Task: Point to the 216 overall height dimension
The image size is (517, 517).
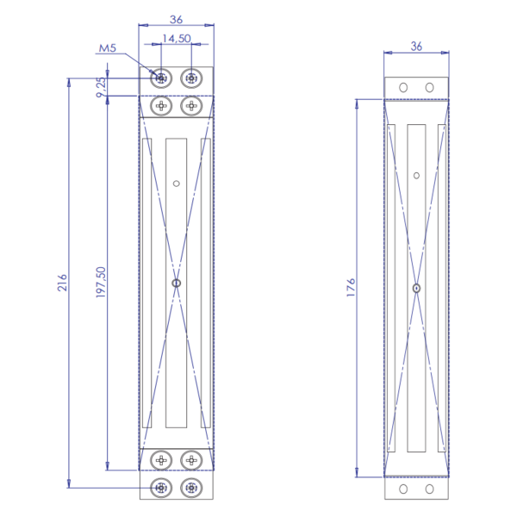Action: pyautogui.click(x=62, y=283)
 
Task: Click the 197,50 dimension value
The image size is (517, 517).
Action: pyautogui.click(x=101, y=283)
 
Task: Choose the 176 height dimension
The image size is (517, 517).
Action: pyautogui.click(x=350, y=288)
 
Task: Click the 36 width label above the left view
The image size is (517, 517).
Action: pyautogui.click(x=176, y=19)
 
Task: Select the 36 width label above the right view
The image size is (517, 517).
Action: pyautogui.click(x=416, y=46)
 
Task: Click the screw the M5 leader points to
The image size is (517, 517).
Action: pyautogui.click(x=161, y=78)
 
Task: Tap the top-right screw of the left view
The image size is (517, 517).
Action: pyautogui.click(x=191, y=78)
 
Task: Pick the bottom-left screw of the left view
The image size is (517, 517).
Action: pyautogui.click(x=161, y=488)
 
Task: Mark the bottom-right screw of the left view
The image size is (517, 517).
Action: pyautogui.click(x=191, y=488)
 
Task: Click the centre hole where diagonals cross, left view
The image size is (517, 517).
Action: pyautogui.click(x=176, y=283)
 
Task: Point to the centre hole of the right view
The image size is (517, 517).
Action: pyautogui.click(x=416, y=288)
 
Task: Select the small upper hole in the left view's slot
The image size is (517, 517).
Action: pyautogui.click(x=176, y=183)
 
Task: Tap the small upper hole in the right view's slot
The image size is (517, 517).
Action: pyautogui.click(x=416, y=176)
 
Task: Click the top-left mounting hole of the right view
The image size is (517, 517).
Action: pyautogui.click(x=402, y=87)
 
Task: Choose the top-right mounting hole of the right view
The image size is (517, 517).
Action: pyautogui.click(x=430, y=87)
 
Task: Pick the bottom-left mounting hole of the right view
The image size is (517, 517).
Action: pyautogui.click(x=402, y=489)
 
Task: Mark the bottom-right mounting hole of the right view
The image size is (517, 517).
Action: pyautogui.click(x=430, y=489)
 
